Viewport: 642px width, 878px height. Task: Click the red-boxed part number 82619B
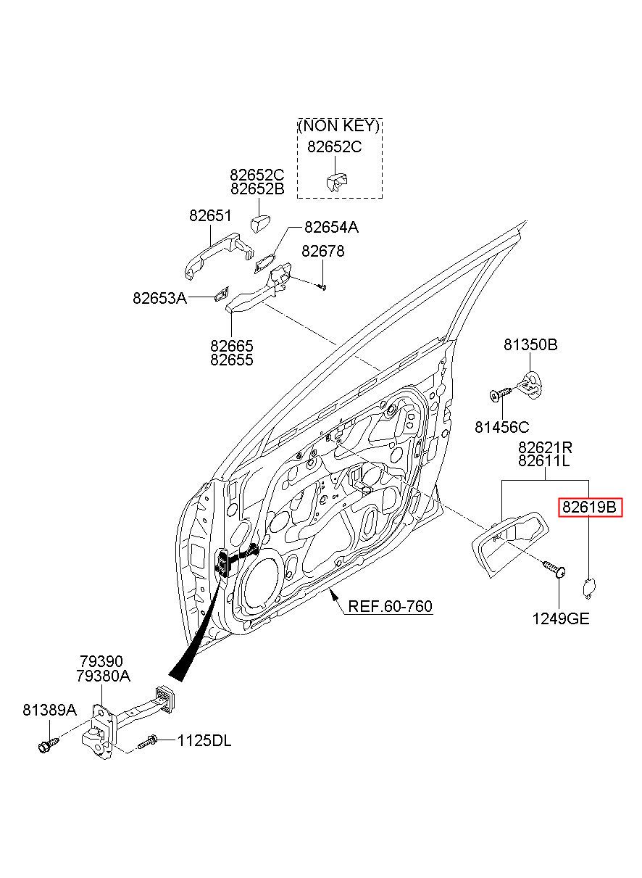click(x=589, y=508)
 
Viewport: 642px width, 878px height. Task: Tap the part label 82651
click(x=210, y=215)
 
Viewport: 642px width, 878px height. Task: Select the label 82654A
click(x=331, y=228)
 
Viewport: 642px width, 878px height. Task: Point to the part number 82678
click(x=322, y=251)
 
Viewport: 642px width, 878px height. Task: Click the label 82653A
click(x=160, y=298)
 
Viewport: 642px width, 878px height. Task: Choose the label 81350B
click(x=530, y=345)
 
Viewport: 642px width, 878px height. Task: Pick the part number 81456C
click(x=501, y=427)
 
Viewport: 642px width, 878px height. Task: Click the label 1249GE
click(x=561, y=619)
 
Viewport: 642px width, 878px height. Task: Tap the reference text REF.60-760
click(x=390, y=606)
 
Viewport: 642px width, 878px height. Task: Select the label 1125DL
click(x=204, y=741)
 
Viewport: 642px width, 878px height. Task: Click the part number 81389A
click(x=49, y=711)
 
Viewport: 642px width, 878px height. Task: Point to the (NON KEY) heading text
click(x=339, y=127)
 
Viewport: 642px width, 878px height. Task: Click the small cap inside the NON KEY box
click(x=336, y=181)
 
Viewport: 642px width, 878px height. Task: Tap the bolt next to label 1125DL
click(x=148, y=742)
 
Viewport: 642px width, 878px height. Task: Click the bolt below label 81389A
click(x=48, y=744)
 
